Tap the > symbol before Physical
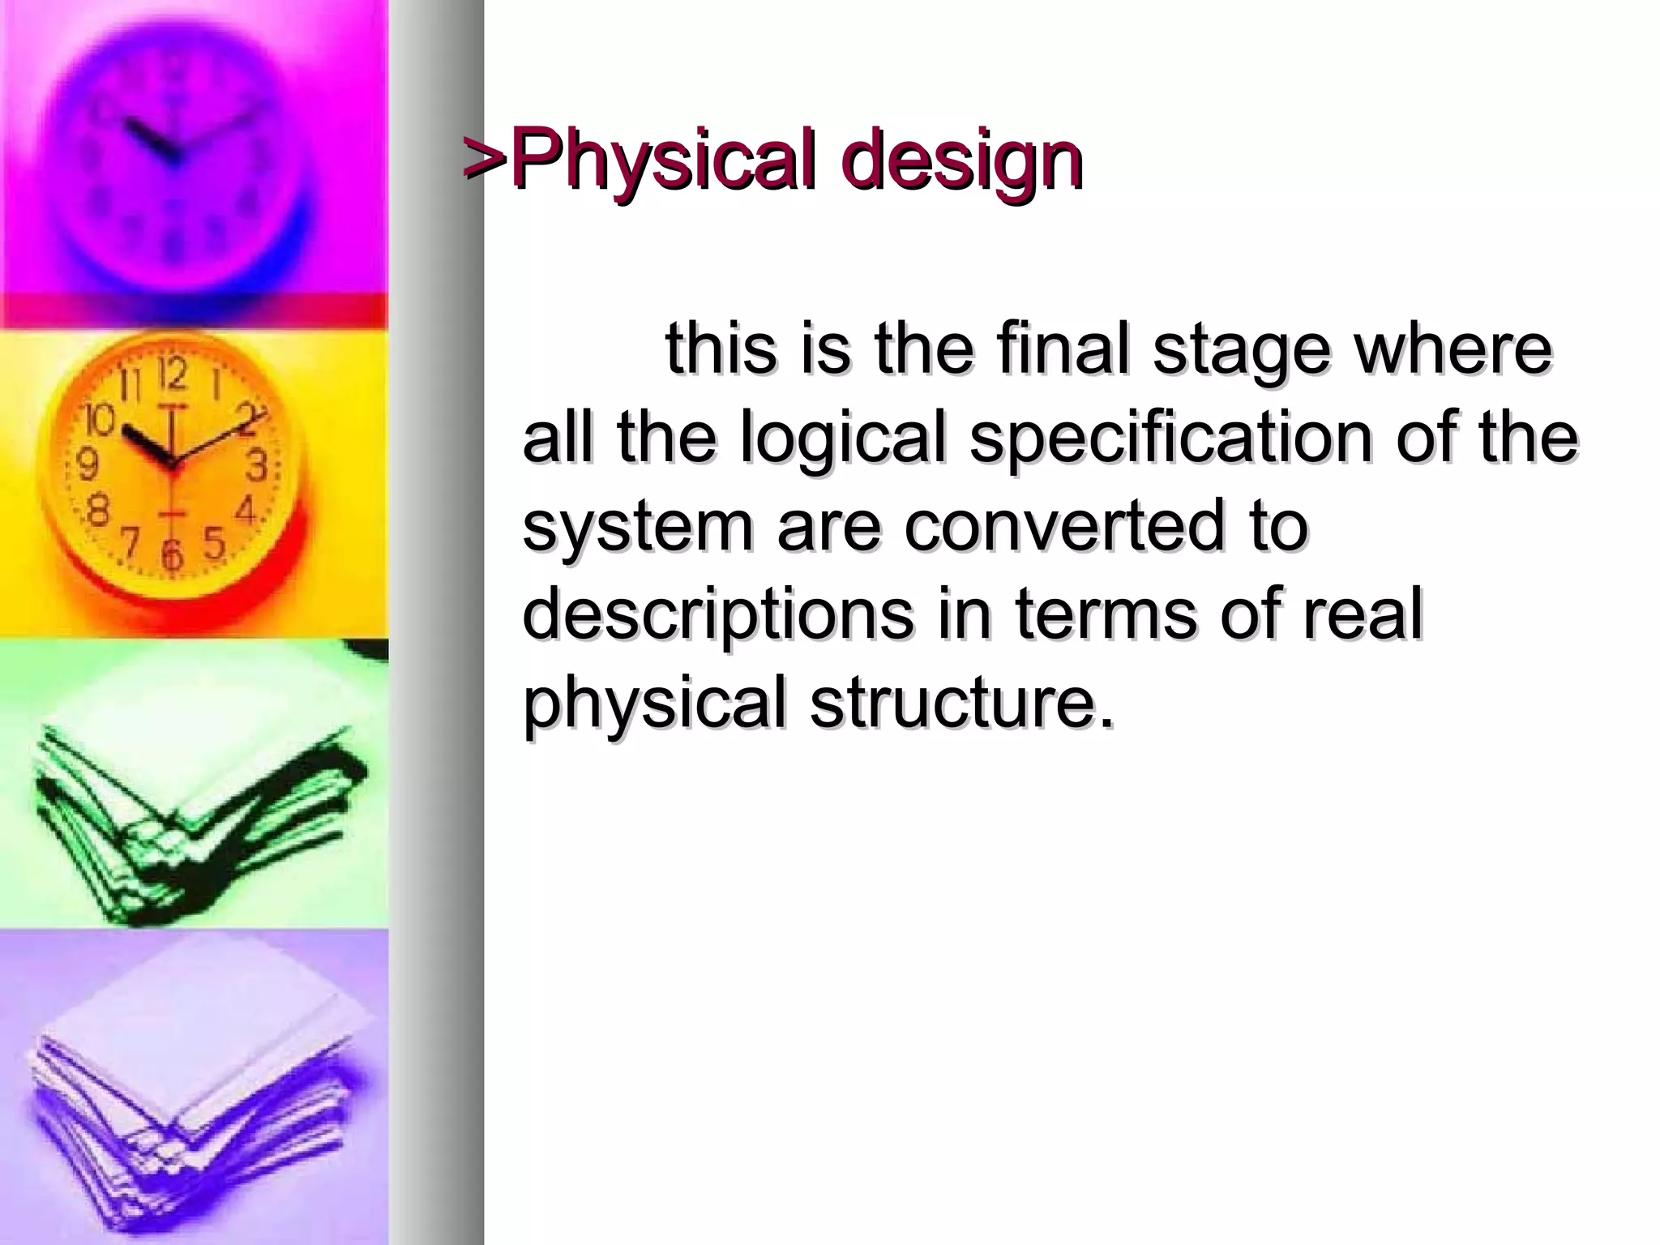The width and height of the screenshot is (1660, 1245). point(485,158)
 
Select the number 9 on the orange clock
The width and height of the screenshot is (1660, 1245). point(87,465)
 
